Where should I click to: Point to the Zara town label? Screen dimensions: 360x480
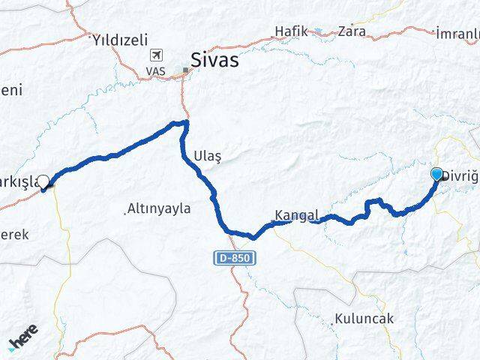(x=352, y=31)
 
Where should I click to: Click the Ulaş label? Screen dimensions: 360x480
(x=208, y=155)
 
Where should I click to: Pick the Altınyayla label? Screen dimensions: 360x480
(x=160, y=208)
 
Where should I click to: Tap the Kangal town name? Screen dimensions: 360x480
(x=298, y=215)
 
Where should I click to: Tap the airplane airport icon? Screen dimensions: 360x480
(x=157, y=55)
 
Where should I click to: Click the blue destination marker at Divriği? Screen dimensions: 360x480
(x=437, y=175)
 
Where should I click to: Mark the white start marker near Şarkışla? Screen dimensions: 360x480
(x=44, y=181)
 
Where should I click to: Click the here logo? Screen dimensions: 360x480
(x=23, y=337)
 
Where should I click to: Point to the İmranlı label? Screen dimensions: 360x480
(x=457, y=34)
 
